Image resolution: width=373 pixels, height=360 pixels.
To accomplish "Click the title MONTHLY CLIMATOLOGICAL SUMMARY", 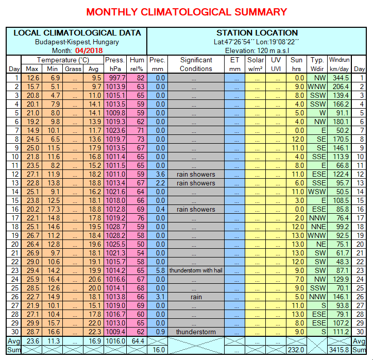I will [186, 12].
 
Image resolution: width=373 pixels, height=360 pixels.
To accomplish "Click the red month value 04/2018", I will [88, 50].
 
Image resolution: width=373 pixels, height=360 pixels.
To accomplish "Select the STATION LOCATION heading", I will [257, 32].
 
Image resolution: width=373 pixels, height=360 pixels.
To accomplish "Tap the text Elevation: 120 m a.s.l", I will [257, 50].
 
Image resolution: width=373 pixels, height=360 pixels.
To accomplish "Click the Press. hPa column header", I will [114, 64].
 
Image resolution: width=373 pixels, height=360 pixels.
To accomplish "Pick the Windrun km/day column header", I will [340, 64].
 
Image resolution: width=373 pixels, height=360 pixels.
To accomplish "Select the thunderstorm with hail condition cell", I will [196, 270].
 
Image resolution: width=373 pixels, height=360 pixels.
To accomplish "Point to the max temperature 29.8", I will [32, 323].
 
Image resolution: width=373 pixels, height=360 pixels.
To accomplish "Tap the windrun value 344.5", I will [340, 78].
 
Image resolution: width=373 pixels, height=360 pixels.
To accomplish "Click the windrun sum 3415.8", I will [340, 350].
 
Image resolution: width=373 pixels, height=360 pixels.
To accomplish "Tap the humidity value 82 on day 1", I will [140, 78].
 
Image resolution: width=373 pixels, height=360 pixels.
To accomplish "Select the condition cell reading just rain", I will [196, 297].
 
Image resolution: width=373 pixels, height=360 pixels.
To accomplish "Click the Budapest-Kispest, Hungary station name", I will [77, 42].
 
